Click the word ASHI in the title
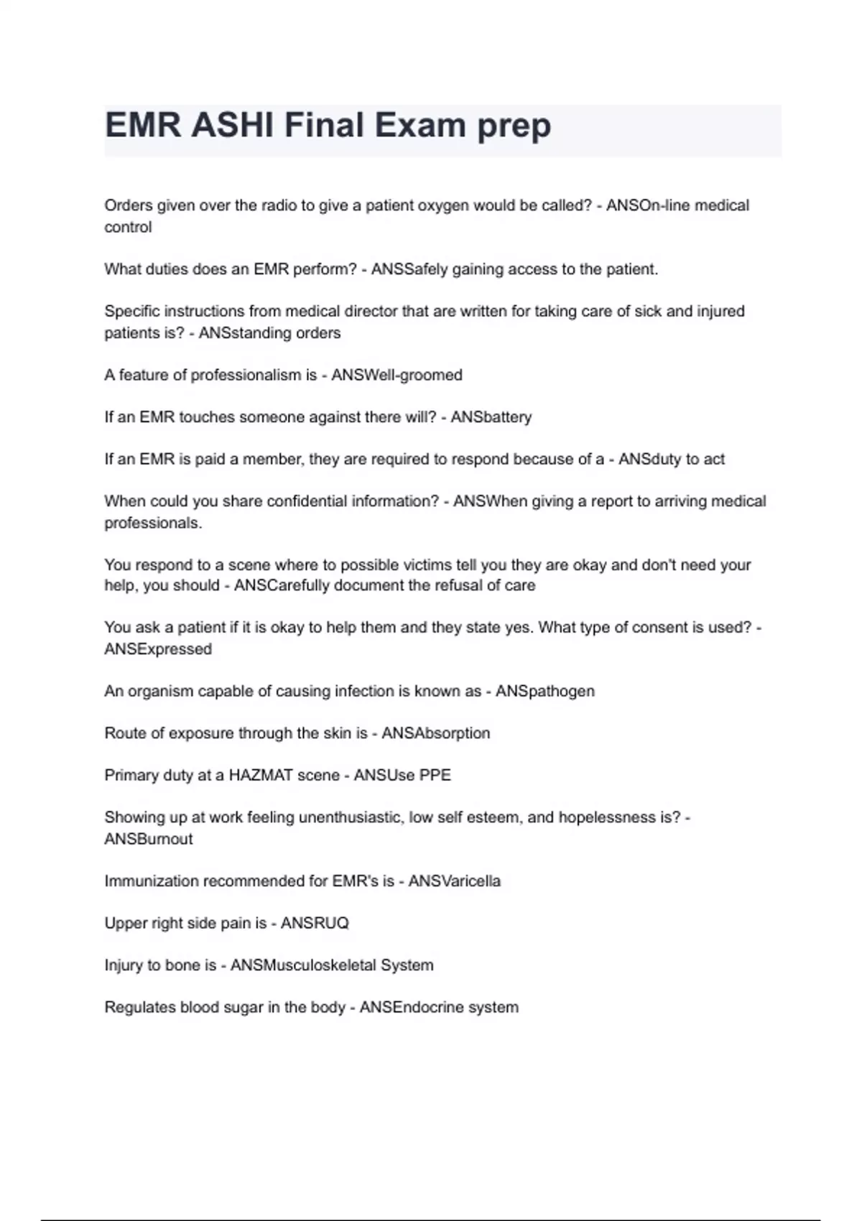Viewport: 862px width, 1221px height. (231, 126)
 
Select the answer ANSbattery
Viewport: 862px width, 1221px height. (491, 417)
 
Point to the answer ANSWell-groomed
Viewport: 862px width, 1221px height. (397, 375)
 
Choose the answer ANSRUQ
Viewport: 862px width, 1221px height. (315, 923)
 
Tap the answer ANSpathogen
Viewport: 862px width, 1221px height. (544, 691)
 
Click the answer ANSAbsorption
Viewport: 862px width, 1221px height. (435, 733)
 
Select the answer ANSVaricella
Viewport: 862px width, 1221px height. (454, 881)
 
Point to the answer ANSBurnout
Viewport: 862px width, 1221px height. (149, 839)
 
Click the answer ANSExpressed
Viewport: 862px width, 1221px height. (158, 649)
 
